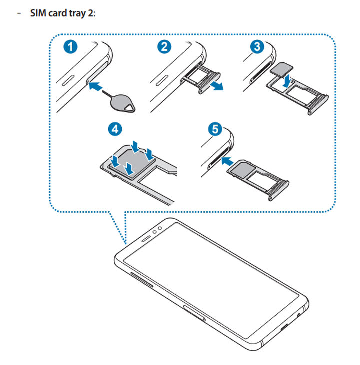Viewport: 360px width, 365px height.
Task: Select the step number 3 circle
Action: [256, 48]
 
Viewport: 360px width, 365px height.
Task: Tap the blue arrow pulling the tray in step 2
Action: [216, 86]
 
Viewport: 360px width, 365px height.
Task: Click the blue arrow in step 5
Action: [228, 161]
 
